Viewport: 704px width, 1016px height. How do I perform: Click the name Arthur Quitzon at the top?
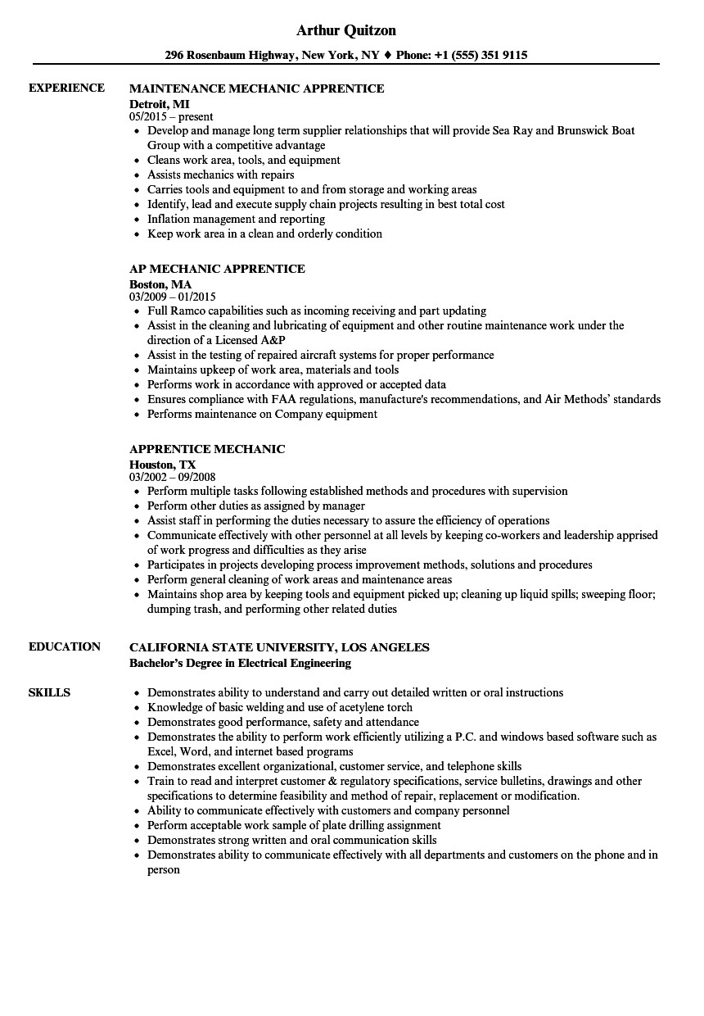(345, 30)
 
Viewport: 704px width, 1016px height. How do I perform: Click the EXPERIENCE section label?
(66, 88)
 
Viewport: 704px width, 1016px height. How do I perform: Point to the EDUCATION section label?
(65, 646)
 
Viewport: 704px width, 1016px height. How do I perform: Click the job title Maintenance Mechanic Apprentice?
(256, 88)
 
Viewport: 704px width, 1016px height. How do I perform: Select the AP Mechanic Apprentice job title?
(217, 269)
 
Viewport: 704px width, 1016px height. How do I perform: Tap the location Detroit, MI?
(160, 104)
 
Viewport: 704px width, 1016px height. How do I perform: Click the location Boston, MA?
(160, 284)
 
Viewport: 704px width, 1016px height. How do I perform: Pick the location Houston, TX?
(163, 465)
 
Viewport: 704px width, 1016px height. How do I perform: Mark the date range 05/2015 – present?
(171, 117)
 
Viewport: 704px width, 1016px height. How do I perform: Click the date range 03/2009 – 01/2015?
(173, 297)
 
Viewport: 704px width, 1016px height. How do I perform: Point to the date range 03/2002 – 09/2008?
(173, 478)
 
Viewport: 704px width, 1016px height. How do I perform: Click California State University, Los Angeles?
(279, 647)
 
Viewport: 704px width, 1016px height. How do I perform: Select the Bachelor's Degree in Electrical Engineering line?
(240, 663)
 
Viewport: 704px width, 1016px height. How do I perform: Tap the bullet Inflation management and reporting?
(236, 219)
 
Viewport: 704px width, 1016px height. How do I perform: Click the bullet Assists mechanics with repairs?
(220, 175)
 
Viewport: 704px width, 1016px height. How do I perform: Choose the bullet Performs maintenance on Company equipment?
(262, 414)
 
